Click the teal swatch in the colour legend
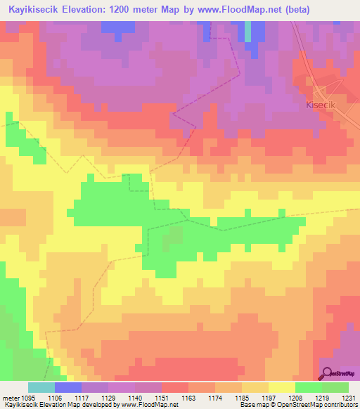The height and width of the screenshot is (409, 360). coord(41,387)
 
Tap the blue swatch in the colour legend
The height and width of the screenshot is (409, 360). coord(67,387)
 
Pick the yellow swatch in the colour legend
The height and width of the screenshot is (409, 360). coord(281,387)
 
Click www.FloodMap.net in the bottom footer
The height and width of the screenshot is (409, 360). coord(149,405)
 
